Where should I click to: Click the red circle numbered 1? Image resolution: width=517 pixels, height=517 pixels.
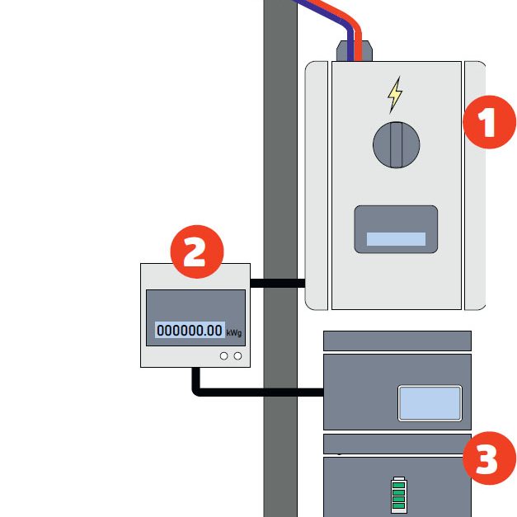coord(489,124)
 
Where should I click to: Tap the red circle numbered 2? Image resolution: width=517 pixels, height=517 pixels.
coord(195,252)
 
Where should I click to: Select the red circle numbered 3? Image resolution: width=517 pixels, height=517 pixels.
coord(488,459)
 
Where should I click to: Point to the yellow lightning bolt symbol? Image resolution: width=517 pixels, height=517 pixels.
coord(396,94)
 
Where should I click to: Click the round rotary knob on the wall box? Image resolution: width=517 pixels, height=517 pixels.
coord(396,143)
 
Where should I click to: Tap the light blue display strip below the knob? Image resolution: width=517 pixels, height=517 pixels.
coord(396,239)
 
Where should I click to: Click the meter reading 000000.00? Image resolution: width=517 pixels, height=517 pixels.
coord(190,330)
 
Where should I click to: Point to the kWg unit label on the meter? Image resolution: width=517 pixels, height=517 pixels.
coord(234,333)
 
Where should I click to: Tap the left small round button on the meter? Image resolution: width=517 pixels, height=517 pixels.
coord(224,355)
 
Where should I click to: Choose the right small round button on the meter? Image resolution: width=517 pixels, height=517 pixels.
coord(238,355)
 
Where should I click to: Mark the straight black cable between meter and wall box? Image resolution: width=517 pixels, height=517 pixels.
coord(277,283)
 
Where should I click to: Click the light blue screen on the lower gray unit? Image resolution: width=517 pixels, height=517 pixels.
coord(429,402)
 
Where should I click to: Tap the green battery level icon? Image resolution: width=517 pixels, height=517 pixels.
coord(399,493)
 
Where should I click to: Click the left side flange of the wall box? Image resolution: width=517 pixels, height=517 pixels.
coord(317,186)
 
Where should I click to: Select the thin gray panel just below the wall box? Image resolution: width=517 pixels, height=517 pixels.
coord(397,341)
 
